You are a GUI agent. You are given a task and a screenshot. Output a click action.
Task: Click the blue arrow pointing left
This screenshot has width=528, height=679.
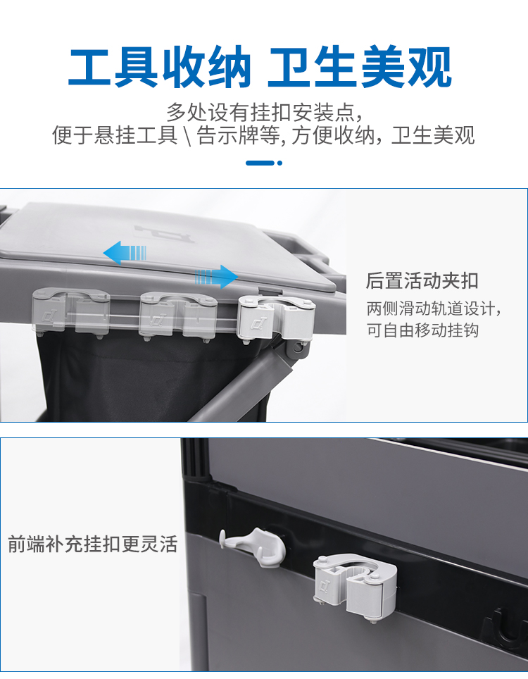125,253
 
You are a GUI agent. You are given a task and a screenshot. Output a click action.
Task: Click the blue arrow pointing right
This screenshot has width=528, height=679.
216,276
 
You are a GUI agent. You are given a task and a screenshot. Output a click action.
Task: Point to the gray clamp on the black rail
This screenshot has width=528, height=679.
355,587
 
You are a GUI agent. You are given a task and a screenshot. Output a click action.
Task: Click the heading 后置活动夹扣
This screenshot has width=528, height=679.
422,280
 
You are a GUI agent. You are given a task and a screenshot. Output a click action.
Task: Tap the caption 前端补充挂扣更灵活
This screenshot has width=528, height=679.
93,544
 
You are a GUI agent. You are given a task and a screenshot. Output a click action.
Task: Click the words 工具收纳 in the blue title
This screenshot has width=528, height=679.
159,68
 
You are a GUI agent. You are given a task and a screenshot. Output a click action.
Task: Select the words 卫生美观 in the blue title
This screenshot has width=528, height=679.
360,68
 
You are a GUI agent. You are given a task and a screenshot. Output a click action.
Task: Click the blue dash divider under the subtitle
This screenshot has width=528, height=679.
260,163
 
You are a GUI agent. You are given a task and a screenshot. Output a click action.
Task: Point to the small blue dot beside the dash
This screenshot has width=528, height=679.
279,163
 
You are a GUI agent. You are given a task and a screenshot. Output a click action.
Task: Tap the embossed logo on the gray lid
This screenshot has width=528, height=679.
163,234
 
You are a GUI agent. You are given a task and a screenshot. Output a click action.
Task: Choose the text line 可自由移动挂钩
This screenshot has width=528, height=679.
422,330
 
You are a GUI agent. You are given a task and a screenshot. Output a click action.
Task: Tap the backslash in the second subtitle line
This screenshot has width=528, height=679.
187,135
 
